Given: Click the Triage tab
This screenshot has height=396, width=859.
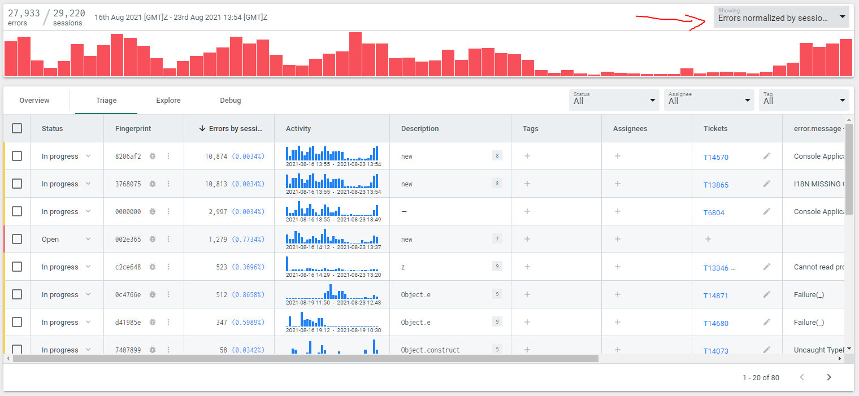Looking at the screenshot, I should tap(106, 101).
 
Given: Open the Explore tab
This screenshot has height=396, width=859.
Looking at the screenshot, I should tap(168, 101).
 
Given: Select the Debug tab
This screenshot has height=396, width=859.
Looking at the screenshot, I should tap(231, 101).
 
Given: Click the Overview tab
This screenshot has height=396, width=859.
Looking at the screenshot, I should tap(34, 101).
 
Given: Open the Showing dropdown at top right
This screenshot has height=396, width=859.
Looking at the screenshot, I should tap(781, 17).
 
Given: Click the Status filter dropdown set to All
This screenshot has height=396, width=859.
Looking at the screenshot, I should tap(614, 100).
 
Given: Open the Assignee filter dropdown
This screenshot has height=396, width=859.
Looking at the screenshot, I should tap(709, 100).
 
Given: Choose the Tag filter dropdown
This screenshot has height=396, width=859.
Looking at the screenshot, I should tap(804, 100).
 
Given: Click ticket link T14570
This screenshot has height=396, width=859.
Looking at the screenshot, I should tap(716, 158).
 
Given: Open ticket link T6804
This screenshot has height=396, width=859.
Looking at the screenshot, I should tap(714, 213).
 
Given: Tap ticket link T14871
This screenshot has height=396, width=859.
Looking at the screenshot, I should tap(716, 296).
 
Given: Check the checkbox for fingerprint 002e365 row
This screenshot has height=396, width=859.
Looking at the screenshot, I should tap(17, 239).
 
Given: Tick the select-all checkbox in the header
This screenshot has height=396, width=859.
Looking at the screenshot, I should tap(17, 128).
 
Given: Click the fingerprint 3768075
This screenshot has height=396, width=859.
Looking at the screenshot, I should tap(128, 184).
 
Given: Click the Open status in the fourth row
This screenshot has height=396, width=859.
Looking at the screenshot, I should tap(50, 240).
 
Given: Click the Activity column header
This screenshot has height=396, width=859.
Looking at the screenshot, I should tap(298, 129).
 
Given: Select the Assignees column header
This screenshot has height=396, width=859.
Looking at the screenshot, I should tap(630, 129).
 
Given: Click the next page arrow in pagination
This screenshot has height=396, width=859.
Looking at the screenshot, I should tap(828, 377).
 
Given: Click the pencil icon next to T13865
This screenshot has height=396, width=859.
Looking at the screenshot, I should tap(767, 184).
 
